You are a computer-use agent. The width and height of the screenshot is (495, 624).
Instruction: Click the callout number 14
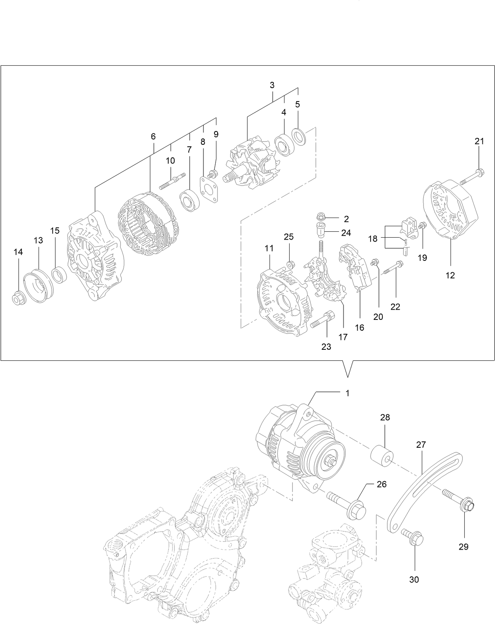pyautogui.click(x=18, y=252)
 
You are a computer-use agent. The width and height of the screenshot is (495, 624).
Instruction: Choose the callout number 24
pyautogui.click(x=346, y=233)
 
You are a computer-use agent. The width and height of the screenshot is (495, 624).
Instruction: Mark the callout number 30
pyautogui.click(x=414, y=579)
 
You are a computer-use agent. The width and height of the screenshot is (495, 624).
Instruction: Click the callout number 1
pyautogui.click(x=347, y=393)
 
